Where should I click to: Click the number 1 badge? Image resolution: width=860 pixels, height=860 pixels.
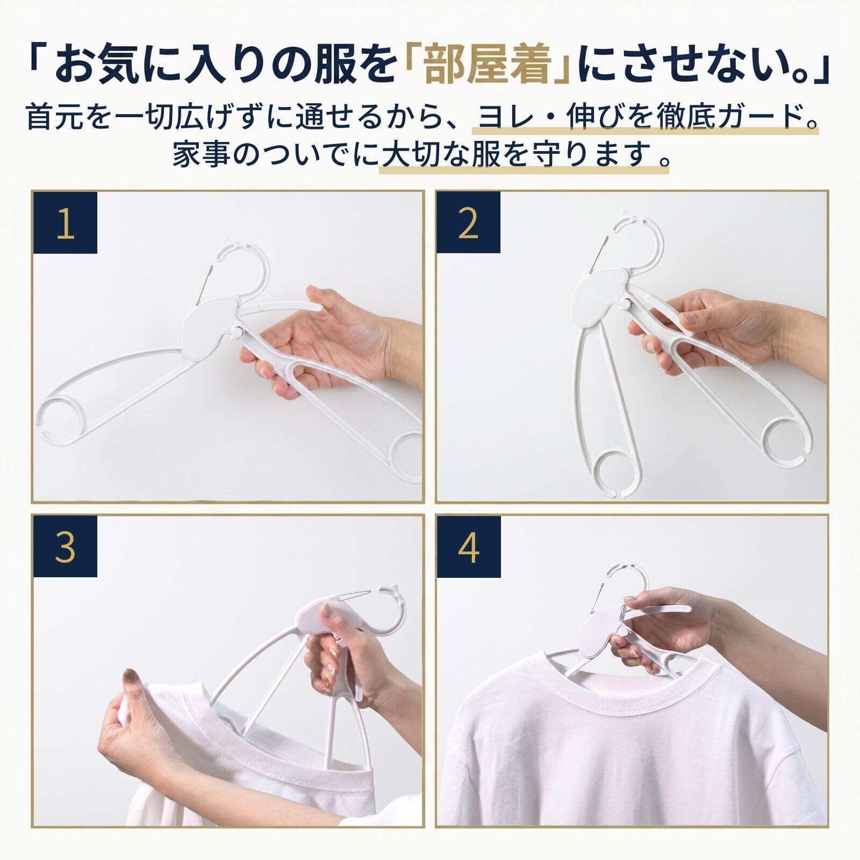[x=65, y=223]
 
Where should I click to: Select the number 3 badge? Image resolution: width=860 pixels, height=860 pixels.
[x=65, y=546]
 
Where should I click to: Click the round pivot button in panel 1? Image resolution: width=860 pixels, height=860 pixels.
[x=236, y=334]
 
